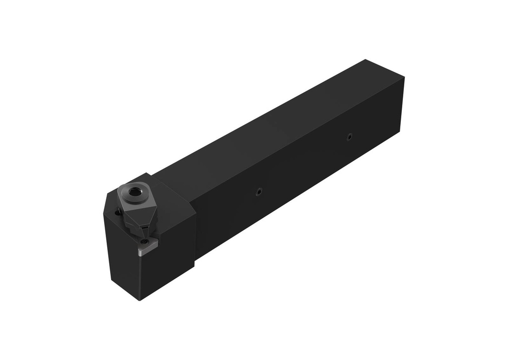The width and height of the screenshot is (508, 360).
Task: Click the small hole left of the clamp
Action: pos(118,212)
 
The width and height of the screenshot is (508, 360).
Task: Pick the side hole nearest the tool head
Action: pos(257,193)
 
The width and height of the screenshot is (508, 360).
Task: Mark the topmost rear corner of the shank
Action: pos(366,60)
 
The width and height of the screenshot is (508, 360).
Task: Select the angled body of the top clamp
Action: pos(133,213)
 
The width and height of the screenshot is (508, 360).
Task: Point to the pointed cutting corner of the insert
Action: pos(139,256)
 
